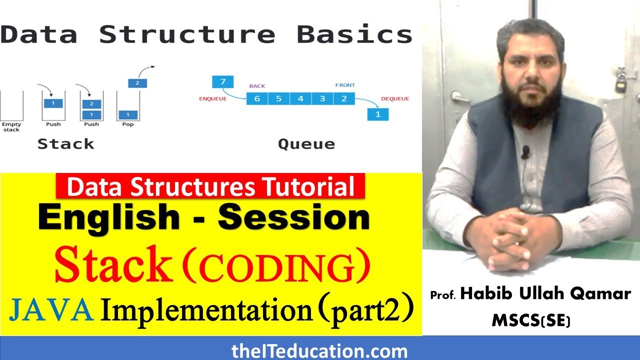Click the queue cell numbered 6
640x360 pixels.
(x=257, y=98)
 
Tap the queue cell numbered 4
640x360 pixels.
(x=300, y=98)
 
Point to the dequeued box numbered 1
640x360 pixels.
(x=377, y=114)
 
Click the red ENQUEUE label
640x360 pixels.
(x=213, y=99)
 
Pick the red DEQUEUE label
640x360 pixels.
(x=395, y=99)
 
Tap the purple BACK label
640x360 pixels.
(x=257, y=86)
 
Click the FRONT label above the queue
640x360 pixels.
(x=345, y=85)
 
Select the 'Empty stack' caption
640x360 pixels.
(x=11, y=126)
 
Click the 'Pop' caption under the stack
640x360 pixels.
(x=128, y=124)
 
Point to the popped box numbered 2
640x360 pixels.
(x=137, y=83)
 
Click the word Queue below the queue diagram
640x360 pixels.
(x=306, y=144)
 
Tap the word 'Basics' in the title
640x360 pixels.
(x=354, y=34)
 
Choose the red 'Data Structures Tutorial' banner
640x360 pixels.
(x=210, y=186)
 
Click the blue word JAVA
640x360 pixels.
(x=51, y=311)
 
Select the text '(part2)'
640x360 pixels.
(x=367, y=311)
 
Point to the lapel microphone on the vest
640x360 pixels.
(x=525, y=152)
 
